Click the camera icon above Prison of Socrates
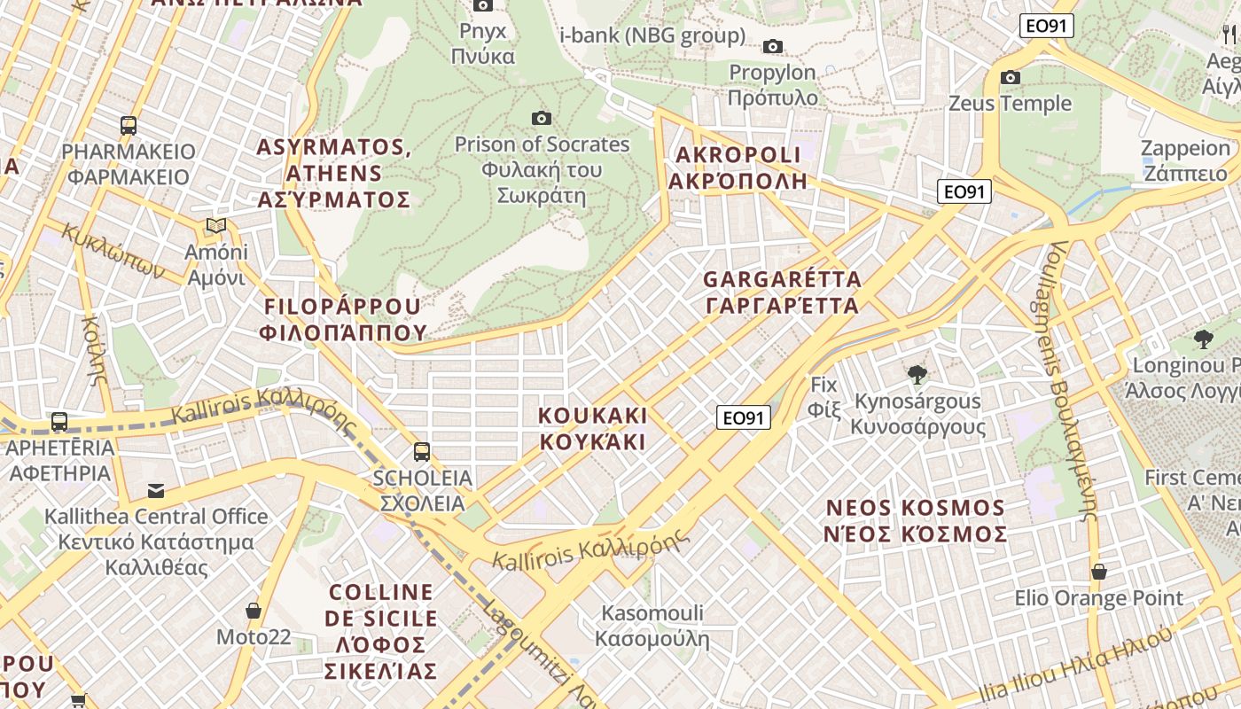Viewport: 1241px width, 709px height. tap(541, 118)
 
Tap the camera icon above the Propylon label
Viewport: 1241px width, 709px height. tap(773, 46)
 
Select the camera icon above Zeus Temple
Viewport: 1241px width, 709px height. tap(1010, 77)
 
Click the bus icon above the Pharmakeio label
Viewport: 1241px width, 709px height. tap(129, 126)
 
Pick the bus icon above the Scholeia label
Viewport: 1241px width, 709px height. tap(422, 451)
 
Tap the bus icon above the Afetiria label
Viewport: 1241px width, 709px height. tap(59, 422)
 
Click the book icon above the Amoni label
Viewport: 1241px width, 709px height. tap(216, 225)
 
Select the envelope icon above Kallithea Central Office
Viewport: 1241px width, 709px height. tap(156, 490)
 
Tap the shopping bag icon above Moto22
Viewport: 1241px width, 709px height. tap(254, 611)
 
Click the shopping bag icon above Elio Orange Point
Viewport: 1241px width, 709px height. tap(1098, 572)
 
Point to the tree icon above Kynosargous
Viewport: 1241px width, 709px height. tap(917, 375)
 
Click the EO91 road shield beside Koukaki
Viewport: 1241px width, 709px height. tap(743, 417)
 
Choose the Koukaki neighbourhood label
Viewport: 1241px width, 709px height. tap(593, 428)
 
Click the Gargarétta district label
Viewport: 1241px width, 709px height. tap(782, 292)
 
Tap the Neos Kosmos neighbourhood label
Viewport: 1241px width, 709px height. tap(916, 521)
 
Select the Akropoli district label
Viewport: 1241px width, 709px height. tap(738, 168)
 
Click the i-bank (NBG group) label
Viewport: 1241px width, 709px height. tap(652, 35)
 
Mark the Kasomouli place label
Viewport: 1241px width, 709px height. tap(652, 626)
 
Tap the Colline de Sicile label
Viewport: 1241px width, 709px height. tap(381, 631)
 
